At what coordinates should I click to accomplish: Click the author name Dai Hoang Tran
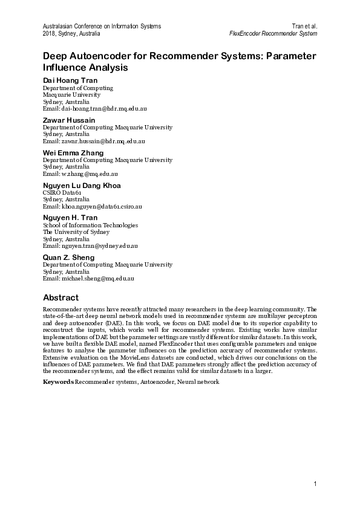pyautogui.click(x=70, y=80)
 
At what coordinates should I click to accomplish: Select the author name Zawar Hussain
pyautogui.click(x=68, y=120)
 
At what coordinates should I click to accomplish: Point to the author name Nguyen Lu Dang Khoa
pyautogui.click(x=82, y=185)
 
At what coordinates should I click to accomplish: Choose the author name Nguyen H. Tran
pyautogui.click(x=70, y=218)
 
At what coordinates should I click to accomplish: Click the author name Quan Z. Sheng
pyautogui.click(x=69, y=258)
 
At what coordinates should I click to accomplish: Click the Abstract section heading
pyautogui.click(x=61, y=297)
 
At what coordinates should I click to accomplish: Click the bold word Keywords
pyautogui.click(x=58, y=383)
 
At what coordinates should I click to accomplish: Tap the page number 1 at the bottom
pyautogui.click(x=316, y=484)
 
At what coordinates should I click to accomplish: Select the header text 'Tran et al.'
pyautogui.click(x=304, y=27)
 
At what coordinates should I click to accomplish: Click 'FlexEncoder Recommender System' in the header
pyautogui.click(x=273, y=34)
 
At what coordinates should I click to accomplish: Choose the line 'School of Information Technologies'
pyautogui.click(x=91, y=225)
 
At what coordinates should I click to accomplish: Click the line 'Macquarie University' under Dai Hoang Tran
pyautogui.click(x=71, y=95)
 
